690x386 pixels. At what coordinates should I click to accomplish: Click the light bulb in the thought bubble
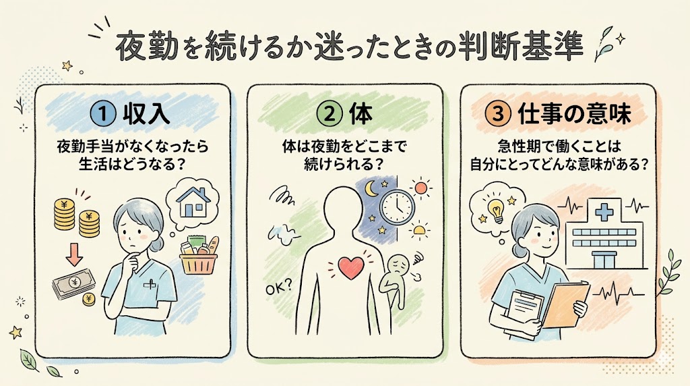497,210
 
